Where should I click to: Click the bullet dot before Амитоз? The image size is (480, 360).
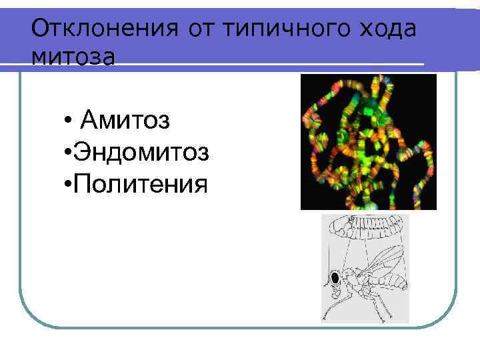[69, 122]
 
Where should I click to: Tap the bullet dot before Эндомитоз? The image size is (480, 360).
[69, 153]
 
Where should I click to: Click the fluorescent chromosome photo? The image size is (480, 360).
[368, 141]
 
